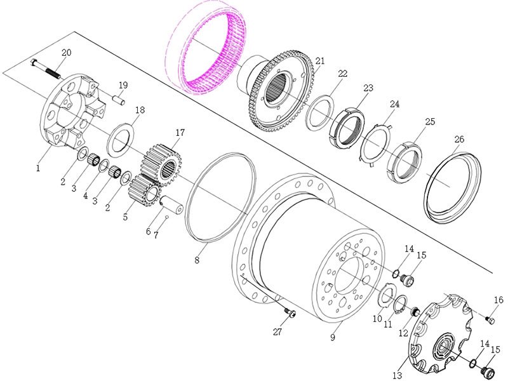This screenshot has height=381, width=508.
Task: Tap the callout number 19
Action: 123,85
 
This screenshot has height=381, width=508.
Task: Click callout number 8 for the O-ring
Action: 197,260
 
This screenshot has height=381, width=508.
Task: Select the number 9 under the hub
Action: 332,338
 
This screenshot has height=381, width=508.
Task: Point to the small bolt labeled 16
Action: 488,318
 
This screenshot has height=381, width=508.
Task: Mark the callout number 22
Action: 342,74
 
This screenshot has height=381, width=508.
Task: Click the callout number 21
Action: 320,61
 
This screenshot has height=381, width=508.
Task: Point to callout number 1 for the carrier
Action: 38,168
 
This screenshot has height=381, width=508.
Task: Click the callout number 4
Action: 85,196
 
